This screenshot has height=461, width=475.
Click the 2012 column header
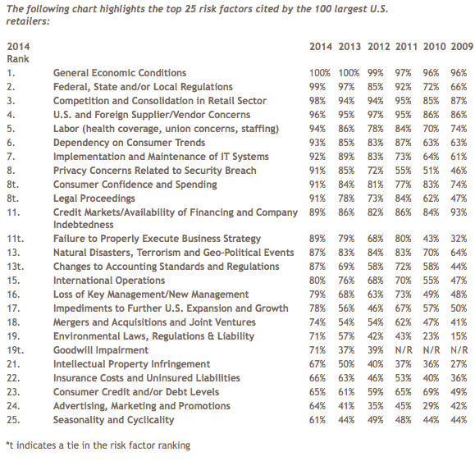(379, 47)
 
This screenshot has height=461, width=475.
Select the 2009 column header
(462, 47)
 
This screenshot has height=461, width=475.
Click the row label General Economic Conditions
(120, 73)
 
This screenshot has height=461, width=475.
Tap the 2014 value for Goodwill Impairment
(317, 350)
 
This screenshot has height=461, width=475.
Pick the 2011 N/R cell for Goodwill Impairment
(404, 350)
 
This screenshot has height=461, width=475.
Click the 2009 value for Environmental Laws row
(459, 336)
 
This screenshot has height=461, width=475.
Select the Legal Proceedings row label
(94, 199)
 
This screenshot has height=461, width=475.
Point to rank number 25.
(13, 420)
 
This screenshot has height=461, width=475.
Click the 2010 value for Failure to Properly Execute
(431, 239)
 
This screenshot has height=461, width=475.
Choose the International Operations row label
(109, 281)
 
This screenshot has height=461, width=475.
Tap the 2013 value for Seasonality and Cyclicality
(346, 420)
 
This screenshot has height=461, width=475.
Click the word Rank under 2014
(18, 59)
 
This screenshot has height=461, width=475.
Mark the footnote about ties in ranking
(98, 445)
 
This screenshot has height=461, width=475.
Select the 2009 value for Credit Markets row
(459, 212)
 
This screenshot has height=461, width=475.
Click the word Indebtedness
(84, 225)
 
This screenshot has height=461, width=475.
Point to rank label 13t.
(15, 267)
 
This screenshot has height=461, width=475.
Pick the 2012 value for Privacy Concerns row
(376, 171)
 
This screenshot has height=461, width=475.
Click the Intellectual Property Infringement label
(132, 364)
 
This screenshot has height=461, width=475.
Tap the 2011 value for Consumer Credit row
(403, 392)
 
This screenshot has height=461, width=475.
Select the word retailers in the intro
(28, 21)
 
